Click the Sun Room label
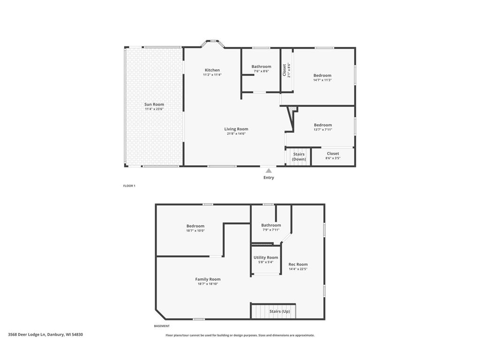coord(154,104)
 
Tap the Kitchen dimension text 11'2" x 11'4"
coord(212,75)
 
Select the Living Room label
coord(236,129)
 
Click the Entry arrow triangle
coord(269,171)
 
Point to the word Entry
coord(269,178)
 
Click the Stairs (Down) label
coord(299,157)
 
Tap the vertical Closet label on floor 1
coord(285,70)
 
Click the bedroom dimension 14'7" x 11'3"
coord(322,80)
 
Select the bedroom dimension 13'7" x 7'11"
coord(322,130)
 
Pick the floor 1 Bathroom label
coord(261,67)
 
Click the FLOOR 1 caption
coord(129,186)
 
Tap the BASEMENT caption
coord(162,326)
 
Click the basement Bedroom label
coord(195,226)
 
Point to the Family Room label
coord(208,279)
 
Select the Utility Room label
coord(266,257)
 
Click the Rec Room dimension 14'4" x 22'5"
coord(298,269)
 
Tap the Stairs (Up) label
coord(279,311)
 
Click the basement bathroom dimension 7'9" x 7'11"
coord(271,230)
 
